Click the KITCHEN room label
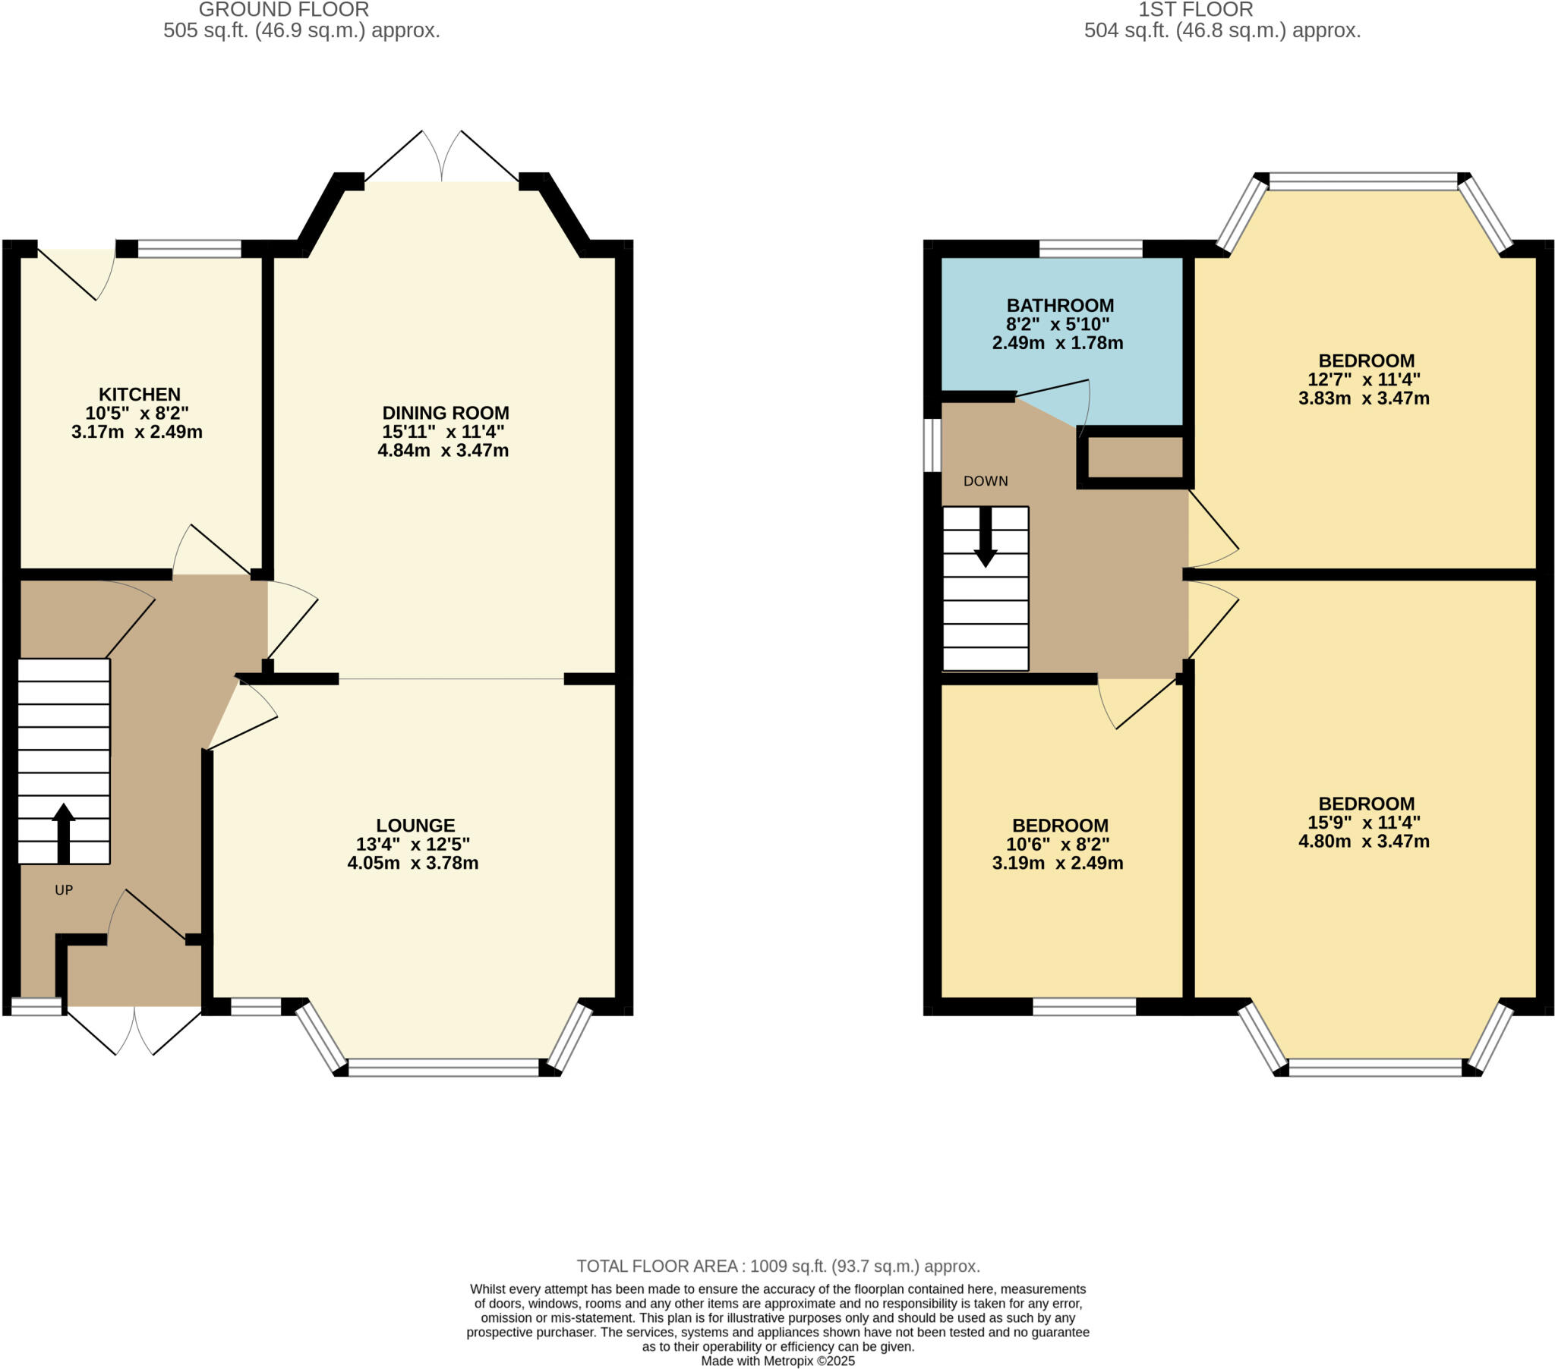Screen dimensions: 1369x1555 (139, 394)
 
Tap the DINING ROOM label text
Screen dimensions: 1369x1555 (445, 413)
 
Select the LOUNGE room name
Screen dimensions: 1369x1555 (415, 825)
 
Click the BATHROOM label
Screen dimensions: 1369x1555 (1060, 305)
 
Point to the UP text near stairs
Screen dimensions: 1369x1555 (64, 890)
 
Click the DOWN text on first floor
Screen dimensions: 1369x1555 (986, 480)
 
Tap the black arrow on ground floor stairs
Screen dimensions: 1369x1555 (64, 832)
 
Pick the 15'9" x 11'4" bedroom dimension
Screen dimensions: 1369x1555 (1364, 822)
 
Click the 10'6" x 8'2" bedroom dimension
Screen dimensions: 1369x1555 (1058, 844)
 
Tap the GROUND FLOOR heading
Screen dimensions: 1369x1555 (284, 10)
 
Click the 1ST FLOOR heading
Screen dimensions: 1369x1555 (1195, 10)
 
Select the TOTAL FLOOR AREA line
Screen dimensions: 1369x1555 (777, 1267)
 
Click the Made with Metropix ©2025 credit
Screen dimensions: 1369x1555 (777, 1361)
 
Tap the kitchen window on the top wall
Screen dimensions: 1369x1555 (189, 249)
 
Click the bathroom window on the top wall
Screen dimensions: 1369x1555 (1090, 249)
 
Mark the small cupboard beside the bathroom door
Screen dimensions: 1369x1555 (1134, 457)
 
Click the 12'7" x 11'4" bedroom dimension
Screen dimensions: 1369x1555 (1364, 379)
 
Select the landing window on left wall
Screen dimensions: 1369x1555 (932, 445)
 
